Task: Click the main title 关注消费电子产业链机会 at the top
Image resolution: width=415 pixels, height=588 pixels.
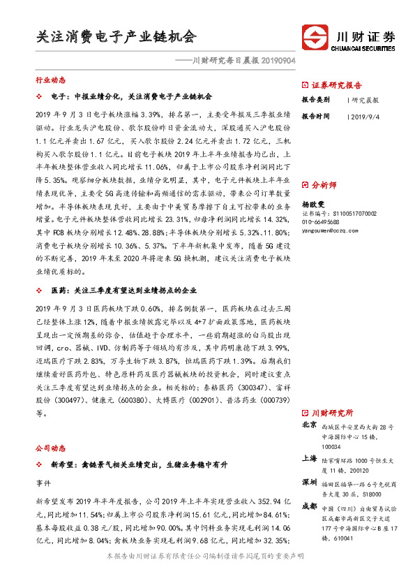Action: click(116, 36)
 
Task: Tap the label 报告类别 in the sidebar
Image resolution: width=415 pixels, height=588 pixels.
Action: click(317, 100)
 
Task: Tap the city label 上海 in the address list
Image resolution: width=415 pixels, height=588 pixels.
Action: click(310, 458)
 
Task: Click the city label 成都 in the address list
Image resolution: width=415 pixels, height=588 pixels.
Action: click(310, 507)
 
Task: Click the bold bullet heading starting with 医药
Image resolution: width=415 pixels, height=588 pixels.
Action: click(132, 290)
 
